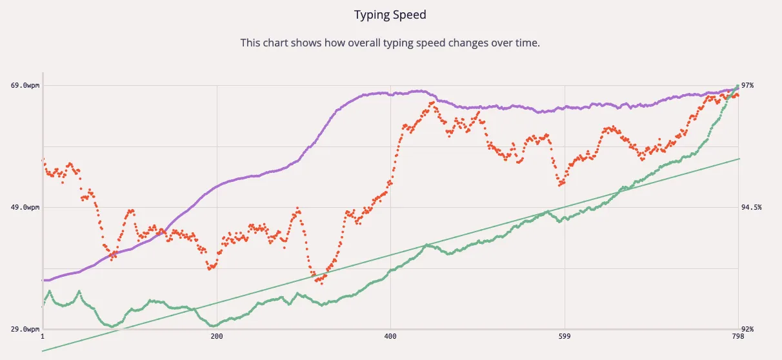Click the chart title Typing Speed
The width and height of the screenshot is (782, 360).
[390, 14]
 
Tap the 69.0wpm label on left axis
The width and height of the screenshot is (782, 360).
[26, 85]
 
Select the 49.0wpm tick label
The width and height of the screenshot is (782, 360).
[26, 207]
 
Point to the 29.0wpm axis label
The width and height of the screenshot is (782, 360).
[26, 330]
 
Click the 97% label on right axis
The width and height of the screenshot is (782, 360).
[748, 85]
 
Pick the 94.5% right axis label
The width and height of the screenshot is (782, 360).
[752, 207]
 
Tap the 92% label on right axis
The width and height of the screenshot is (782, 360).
[748, 330]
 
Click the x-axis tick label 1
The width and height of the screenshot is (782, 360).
[43, 337]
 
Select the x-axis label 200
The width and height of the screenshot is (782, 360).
[216, 337]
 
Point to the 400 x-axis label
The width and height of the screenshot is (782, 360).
[390, 337]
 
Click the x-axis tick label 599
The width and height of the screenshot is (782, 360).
[564, 337]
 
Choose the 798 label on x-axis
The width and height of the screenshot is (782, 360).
[737, 337]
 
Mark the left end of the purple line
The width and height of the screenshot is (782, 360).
[43, 280]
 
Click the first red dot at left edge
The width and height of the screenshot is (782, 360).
[43, 159]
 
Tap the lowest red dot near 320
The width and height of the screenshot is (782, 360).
[321, 283]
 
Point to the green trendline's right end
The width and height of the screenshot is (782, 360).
[739, 158]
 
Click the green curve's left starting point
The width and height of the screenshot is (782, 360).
[43, 306]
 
